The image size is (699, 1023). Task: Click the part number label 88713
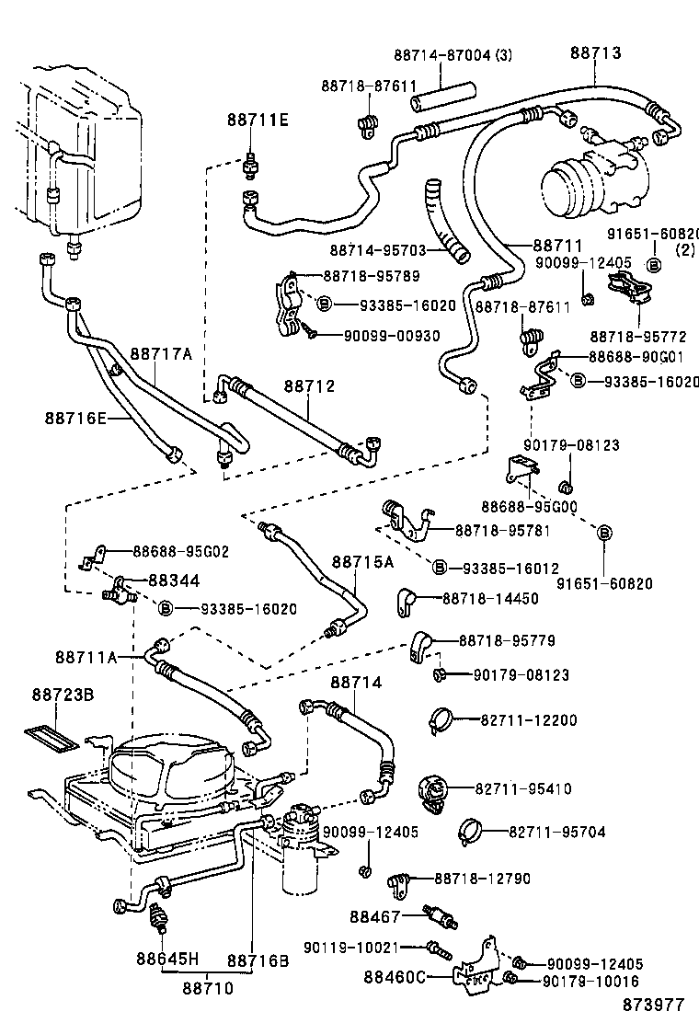click(595, 52)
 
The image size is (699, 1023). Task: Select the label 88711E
click(258, 121)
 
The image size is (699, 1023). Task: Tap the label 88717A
click(160, 353)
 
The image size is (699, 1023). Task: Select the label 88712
click(309, 386)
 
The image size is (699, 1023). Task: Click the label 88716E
click(75, 418)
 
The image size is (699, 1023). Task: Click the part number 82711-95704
click(557, 832)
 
